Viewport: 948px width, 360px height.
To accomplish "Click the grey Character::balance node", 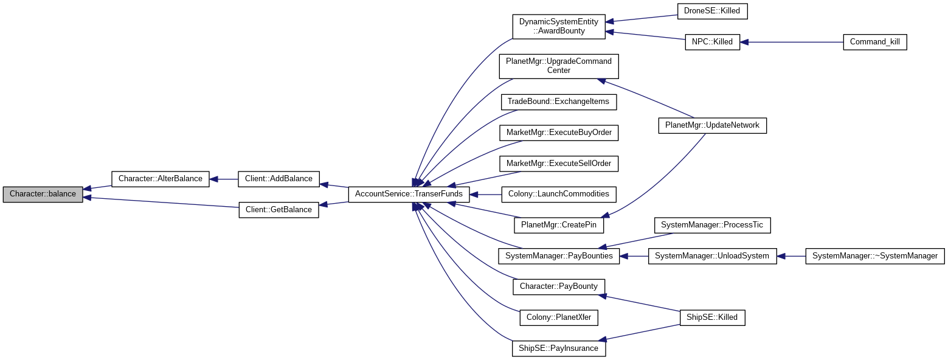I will pos(43,194).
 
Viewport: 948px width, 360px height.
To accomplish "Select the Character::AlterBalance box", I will pos(160,179).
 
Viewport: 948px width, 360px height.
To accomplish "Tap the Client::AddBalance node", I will pos(279,179).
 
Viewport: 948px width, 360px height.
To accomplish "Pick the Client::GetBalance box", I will pos(279,210).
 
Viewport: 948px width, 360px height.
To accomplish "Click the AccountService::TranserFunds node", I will pos(409,194).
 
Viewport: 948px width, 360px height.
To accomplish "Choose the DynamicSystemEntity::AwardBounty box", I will pos(558,26).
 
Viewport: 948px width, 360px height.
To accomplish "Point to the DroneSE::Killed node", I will pos(704,11).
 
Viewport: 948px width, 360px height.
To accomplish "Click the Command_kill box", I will pos(874,42).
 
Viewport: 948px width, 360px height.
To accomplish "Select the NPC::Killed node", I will pos(712,42).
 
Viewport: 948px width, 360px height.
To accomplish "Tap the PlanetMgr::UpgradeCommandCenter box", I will pos(558,66).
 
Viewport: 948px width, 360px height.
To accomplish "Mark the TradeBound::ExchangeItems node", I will pos(558,102).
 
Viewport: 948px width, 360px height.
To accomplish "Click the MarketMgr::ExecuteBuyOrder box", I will pos(558,132).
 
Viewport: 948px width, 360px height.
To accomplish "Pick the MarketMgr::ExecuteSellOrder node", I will pos(558,164).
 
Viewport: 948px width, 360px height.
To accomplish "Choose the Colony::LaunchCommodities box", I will pos(558,194).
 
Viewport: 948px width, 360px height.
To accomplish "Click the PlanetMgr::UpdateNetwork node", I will pos(712,125).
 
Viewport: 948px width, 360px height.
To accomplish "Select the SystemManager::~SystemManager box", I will pos(874,256).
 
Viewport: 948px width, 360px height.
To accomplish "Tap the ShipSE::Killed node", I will pos(712,317).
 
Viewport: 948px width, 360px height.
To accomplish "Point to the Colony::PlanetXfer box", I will pos(558,317).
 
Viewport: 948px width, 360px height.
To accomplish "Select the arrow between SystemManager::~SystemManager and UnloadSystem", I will pos(791,256).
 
